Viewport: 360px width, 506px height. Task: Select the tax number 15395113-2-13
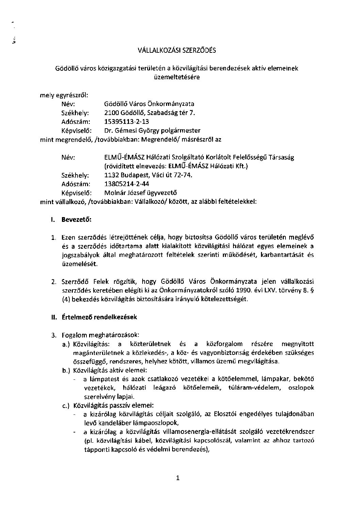coord(127,121)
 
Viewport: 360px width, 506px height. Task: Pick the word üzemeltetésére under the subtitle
coord(177,77)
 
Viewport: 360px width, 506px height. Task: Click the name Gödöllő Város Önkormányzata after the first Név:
coord(149,104)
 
